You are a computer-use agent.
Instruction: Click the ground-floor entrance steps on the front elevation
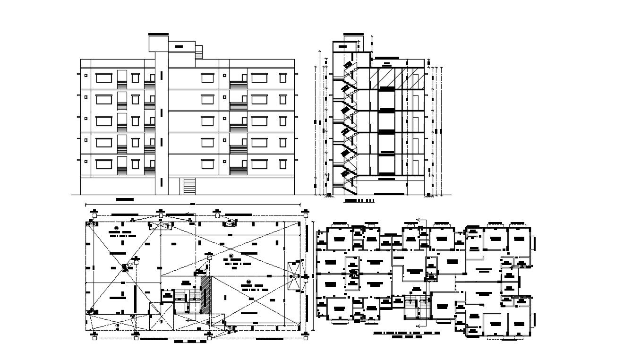189,186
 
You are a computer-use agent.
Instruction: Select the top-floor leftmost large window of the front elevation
103,77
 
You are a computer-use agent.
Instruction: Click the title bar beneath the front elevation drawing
125,200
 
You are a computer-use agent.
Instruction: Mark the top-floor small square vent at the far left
86,75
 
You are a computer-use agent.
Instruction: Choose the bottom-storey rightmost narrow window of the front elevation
283,164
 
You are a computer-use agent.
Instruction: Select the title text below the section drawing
359,201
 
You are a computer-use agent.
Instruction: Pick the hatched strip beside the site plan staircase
206,294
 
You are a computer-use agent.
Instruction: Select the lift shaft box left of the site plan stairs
167,296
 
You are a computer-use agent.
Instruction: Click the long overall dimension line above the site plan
193,205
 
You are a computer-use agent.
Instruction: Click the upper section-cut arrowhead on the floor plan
418,219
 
